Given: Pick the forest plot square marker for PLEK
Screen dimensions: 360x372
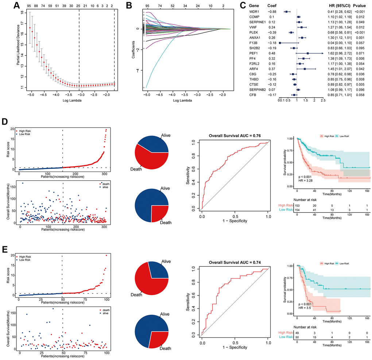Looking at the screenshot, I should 291,32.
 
